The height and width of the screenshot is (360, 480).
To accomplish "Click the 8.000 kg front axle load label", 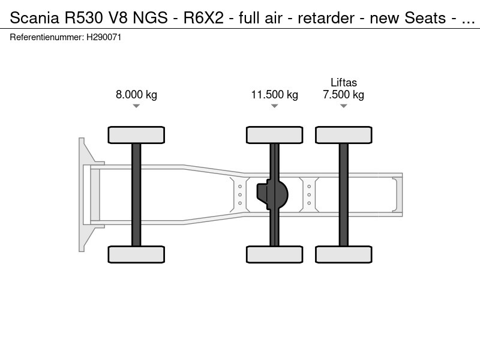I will (x=136, y=95).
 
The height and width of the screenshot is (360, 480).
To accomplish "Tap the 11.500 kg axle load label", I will (x=274, y=95).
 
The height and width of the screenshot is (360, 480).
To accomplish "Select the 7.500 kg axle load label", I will (x=343, y=95).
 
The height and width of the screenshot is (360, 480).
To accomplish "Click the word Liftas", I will (x=343, y=83).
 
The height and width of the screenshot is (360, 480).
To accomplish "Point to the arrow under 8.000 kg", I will (x=136, y=106).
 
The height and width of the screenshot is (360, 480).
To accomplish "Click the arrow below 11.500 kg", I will (x=274, y=106).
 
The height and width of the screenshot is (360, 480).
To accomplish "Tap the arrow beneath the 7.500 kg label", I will (x=343, y=106).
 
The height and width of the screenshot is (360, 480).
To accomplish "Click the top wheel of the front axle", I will (x=136, y=135).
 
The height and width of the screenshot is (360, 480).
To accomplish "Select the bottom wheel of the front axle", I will (x=136, y=254).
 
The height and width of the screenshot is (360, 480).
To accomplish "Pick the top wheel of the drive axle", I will (x=274, y=135).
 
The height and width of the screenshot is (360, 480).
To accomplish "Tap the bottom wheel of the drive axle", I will (x=274, y=254).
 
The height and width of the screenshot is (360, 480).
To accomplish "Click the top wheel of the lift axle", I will (x=343, y=135).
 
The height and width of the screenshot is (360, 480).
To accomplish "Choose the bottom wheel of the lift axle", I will (x=343, y=254).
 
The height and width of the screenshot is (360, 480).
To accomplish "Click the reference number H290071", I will (x=104, y=37).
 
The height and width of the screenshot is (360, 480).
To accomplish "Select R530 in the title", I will (x=78, y=19).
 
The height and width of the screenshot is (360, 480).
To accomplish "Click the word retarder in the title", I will (x=326, y=19).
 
